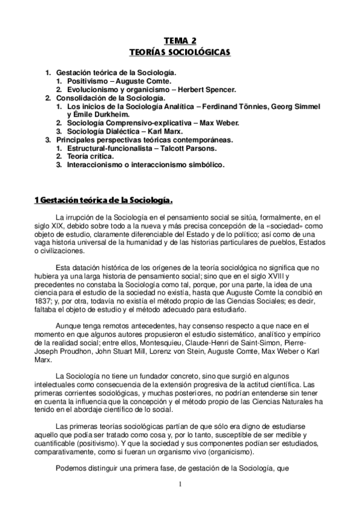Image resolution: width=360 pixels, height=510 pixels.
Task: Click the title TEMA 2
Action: [x=180, y=41]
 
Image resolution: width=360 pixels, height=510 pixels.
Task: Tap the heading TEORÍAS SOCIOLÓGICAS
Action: [x=180, y=52]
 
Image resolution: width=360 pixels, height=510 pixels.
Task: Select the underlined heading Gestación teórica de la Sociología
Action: [x=105, y=200]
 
